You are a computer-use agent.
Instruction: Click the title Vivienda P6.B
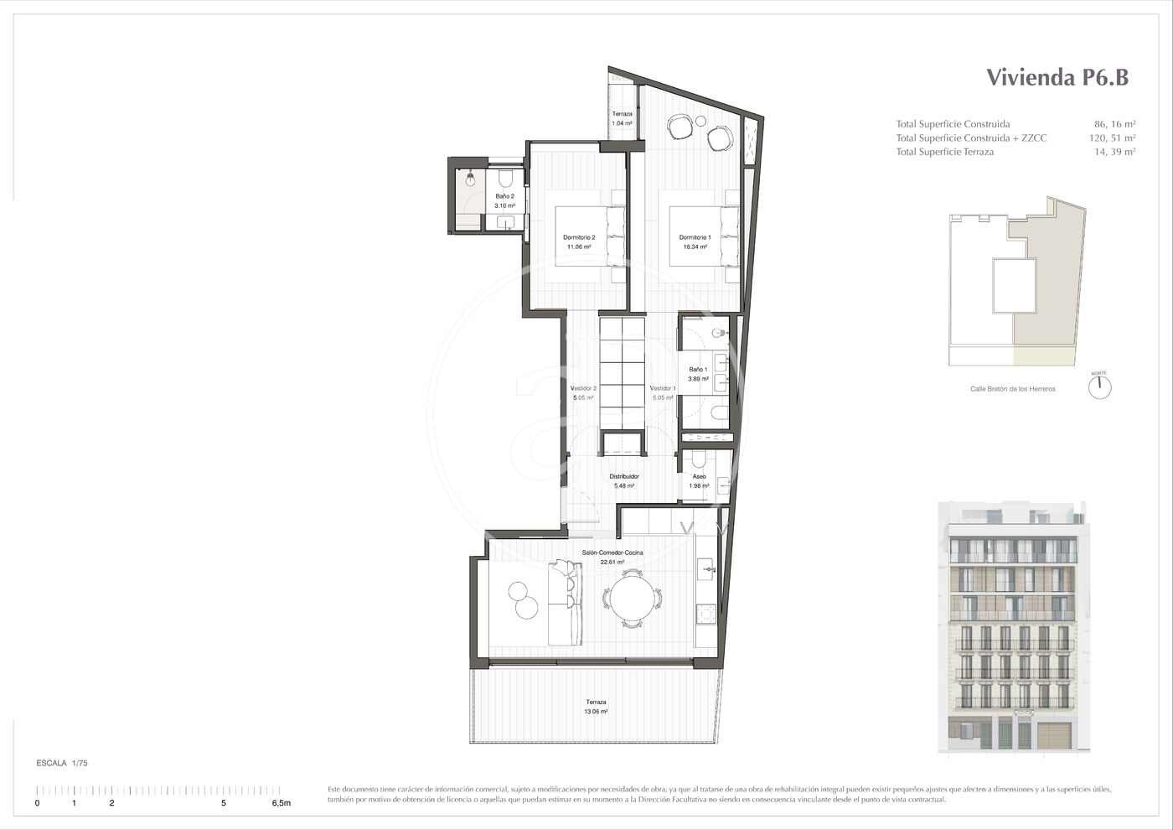(1057, 77)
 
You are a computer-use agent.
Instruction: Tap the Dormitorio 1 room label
(695, 237)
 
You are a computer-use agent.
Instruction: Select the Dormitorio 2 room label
(579, 237)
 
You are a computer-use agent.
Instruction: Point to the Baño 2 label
(504, 196)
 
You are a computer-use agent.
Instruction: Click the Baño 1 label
(698, 370)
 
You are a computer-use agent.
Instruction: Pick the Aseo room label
(699, 476)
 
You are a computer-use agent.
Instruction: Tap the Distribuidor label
(624, 476)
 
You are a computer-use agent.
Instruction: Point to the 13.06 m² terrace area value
(596, 712)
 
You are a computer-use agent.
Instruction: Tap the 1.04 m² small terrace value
(622, 123)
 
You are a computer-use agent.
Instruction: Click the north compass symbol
(1099, 387)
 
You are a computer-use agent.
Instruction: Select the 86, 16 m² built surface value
(1115, 124)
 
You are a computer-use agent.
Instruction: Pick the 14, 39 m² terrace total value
(1115, 152)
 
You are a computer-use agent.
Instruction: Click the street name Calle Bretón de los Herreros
(1013, 389)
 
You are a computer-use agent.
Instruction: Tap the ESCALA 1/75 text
(62, 763)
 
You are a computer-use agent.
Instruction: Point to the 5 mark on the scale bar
(224, 803)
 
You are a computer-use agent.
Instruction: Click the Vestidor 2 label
(583, 388)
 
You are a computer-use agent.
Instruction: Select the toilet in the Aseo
(698, 459)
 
